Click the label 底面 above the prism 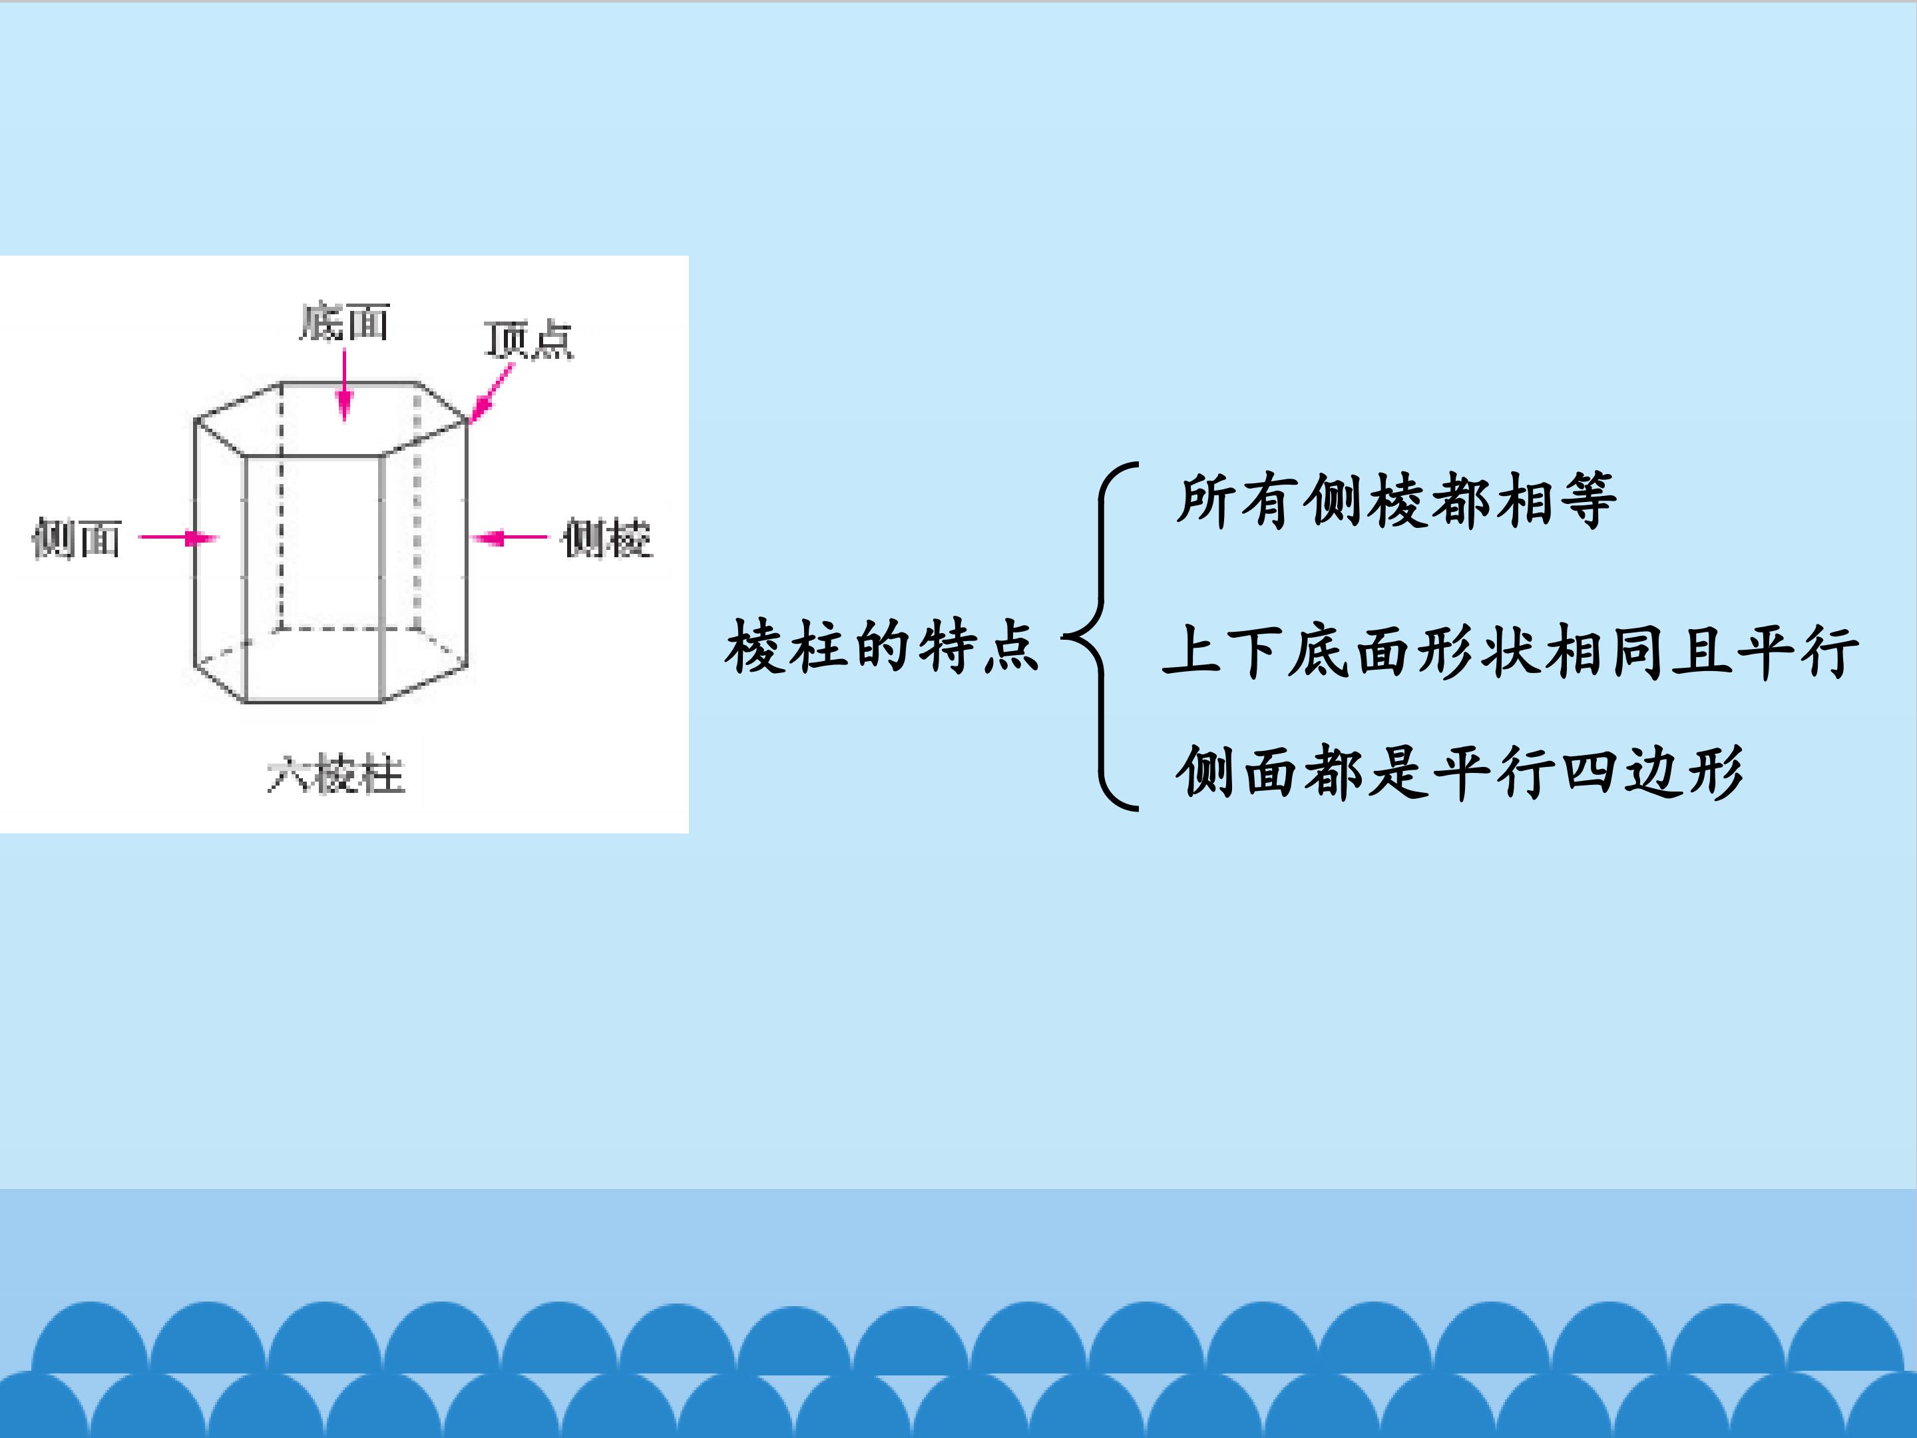[344, 322]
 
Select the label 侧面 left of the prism [77, 539]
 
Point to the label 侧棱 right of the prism [606, 539]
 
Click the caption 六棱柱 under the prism [335, 774]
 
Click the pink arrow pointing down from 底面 [344, 385]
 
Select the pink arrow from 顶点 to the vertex [491, 393]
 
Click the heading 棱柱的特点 [881, 646]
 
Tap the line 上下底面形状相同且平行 [1510, 650]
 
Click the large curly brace [1101, 637]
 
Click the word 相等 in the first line [1555, 500]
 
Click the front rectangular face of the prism [314, 578]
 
